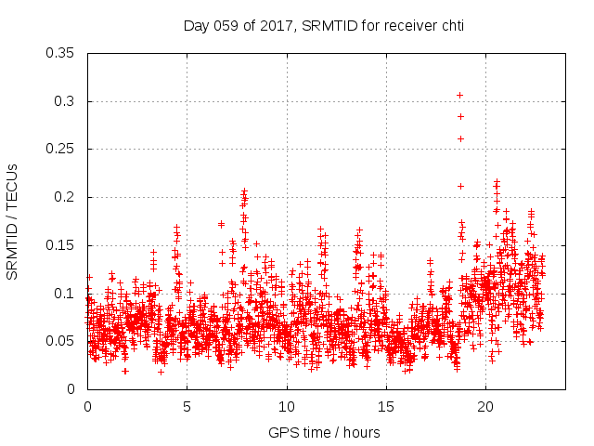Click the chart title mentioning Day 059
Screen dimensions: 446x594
tap(323, 26)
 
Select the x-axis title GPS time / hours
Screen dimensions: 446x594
tap(324, 432)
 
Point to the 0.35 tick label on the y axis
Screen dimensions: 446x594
tap(61, 53)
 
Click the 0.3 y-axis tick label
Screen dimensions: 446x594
tap(65, 101)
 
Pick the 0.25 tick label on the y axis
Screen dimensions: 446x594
tap(61, 150)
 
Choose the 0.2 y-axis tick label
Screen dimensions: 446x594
tap(65, 197)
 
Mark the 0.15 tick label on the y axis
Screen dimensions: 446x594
tap(61, 245)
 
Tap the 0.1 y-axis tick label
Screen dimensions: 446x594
tap(65, 294)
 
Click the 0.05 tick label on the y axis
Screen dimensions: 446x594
tap(61, 341)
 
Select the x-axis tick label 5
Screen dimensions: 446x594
tap(187, 407)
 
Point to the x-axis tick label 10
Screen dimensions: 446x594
tap(287, 407)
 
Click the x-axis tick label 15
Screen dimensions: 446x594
tap(386, 407)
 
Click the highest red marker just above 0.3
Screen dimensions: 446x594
tap(459, 95)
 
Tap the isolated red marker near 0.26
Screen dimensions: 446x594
tap(459, 138)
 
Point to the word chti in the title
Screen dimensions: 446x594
tap(451, 26)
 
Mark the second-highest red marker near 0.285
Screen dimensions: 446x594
tap(459, 116)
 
